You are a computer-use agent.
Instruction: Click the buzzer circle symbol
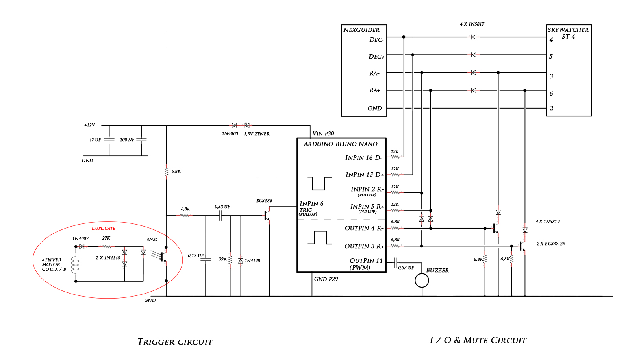(x=422, y=281)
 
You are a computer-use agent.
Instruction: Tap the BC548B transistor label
(x=264, y=201)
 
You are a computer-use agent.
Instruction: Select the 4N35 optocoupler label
(x=152, y=239)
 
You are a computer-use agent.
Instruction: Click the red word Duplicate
(x=104, y=228)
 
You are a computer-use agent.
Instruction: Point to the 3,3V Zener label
(x=257, y=134)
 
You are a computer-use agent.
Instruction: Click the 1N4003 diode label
(x=230, y=134)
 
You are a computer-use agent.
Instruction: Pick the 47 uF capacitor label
(x=95, y=140)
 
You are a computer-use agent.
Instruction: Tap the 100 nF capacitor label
(x=127, y=140)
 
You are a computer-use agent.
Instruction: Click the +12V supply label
(x=89, y=125)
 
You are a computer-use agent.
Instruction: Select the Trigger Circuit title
(x=175, y=342)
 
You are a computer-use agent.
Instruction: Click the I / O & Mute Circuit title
(x=478, y=340)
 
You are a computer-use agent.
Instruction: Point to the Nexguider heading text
(x=361, y=30)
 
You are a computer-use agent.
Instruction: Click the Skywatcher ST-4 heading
(x=568, y=33)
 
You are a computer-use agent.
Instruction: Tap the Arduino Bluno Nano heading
(x=341, y=144)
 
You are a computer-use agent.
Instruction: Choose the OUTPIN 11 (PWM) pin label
(x=366, y=264)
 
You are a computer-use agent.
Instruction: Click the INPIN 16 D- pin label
(x=364, y=158)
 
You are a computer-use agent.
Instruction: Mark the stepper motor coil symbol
(x=75, y=265)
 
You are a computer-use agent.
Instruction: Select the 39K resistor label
(x=223, y=259)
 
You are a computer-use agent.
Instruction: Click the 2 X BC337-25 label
(x=550, y=244)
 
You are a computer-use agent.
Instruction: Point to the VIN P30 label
(x=323, y=134)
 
